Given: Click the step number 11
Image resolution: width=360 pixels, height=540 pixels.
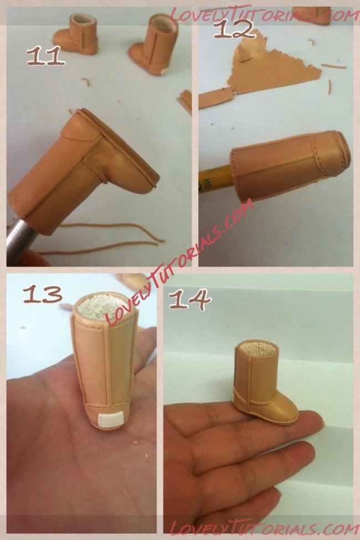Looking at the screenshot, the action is click(x=46, y=56).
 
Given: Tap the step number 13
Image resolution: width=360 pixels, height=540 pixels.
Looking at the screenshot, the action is click(x=43, y=294).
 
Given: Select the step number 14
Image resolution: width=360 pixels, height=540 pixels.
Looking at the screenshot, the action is click(x=190, y=299).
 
